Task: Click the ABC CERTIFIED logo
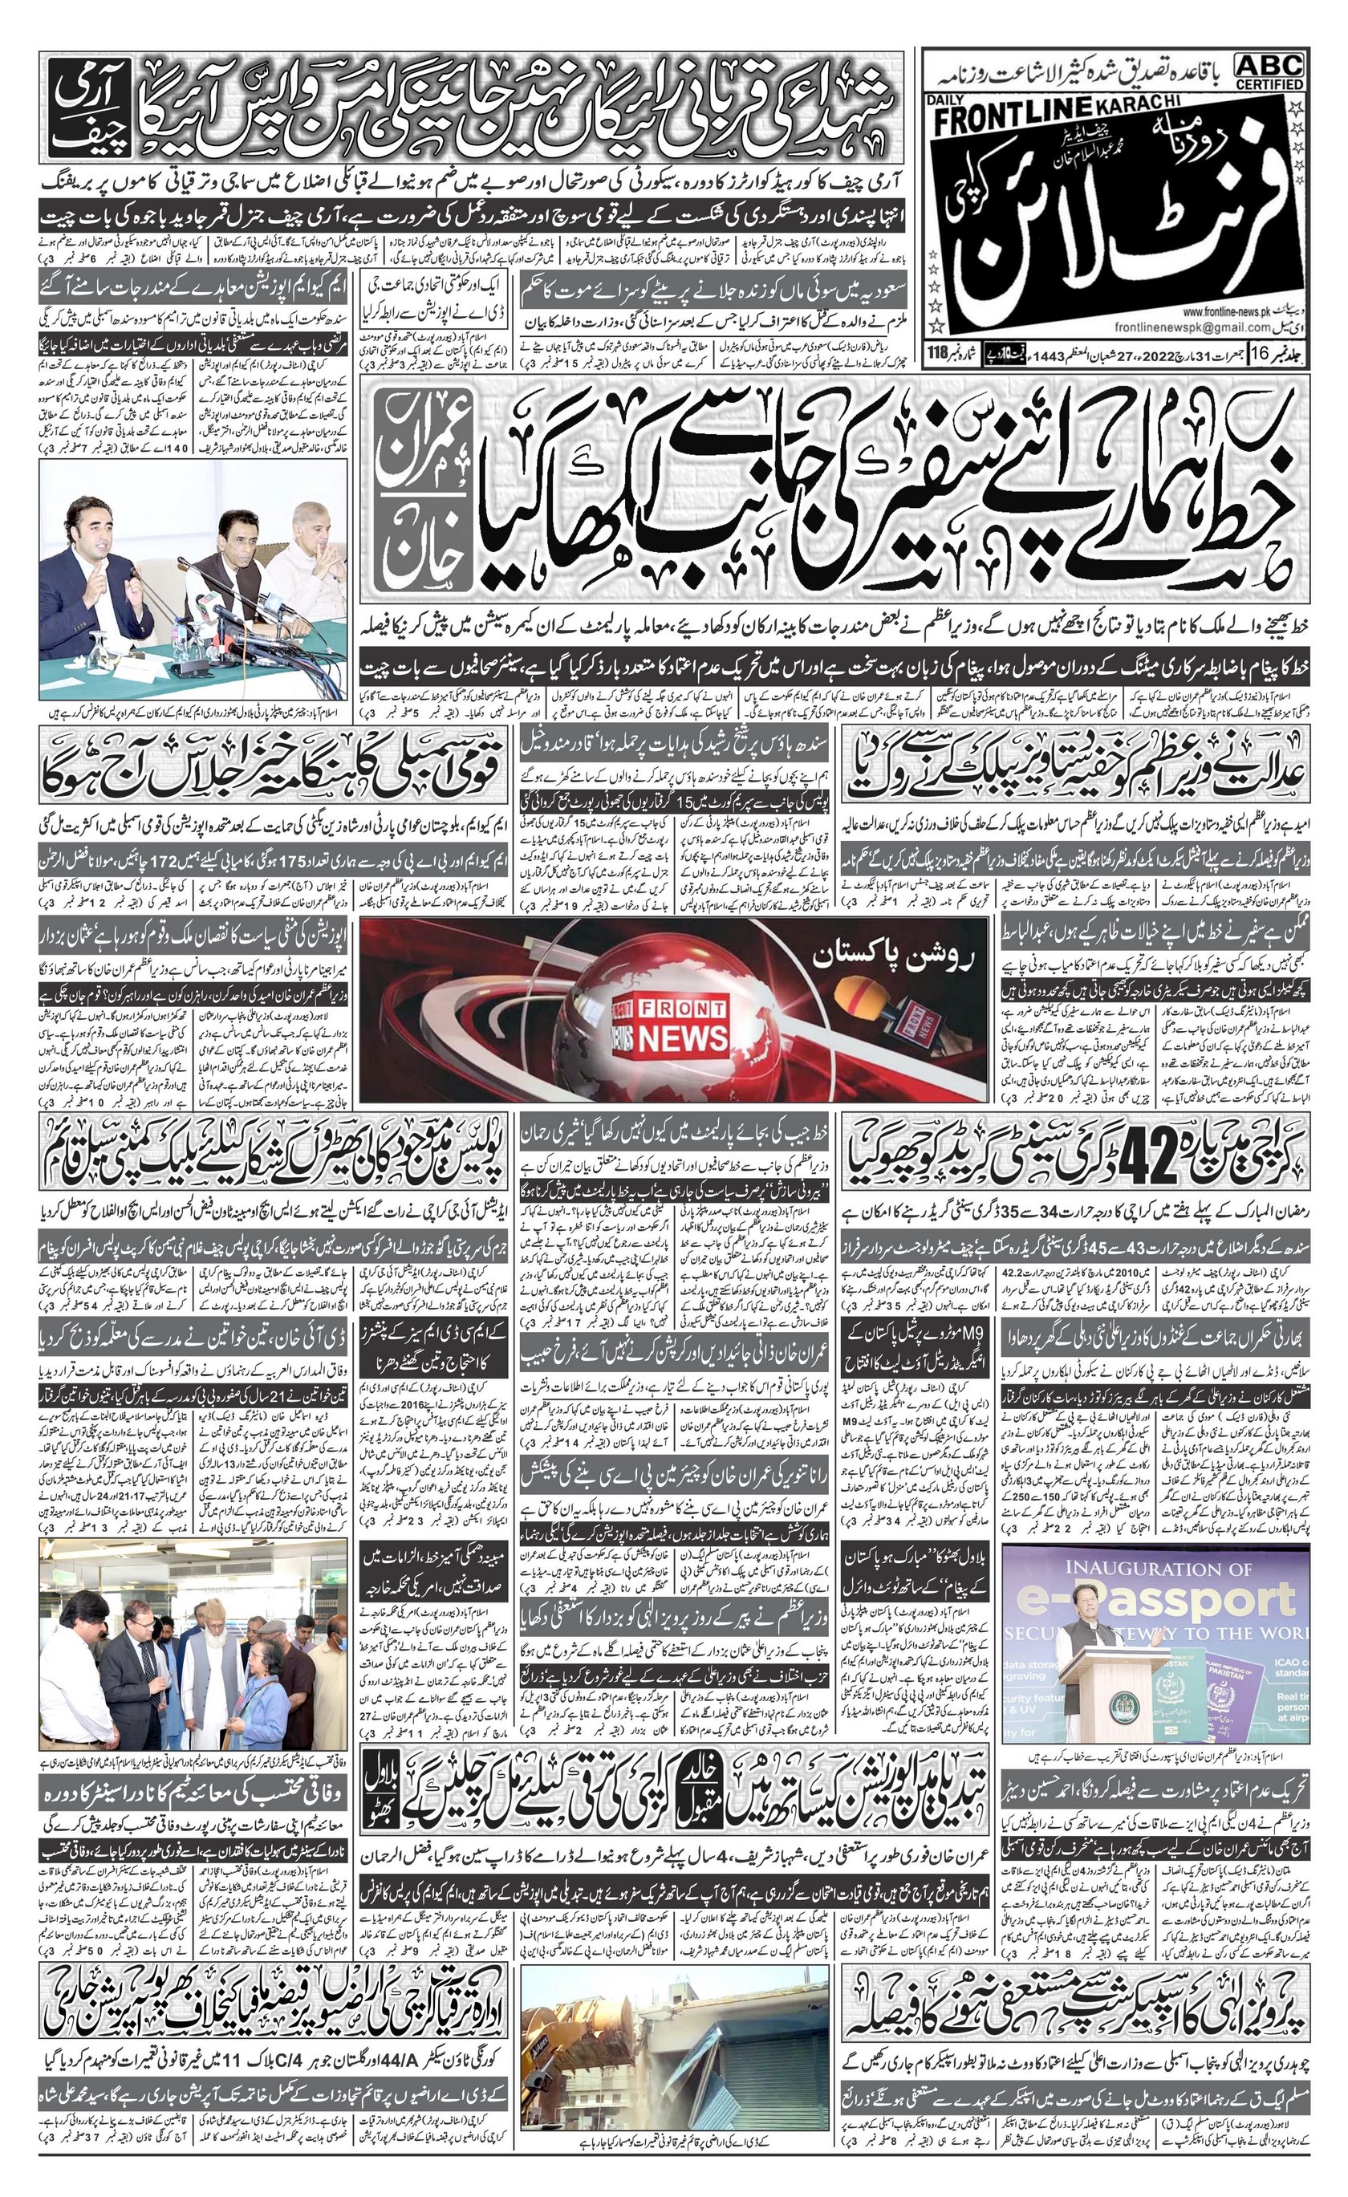click(1269, 71)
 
